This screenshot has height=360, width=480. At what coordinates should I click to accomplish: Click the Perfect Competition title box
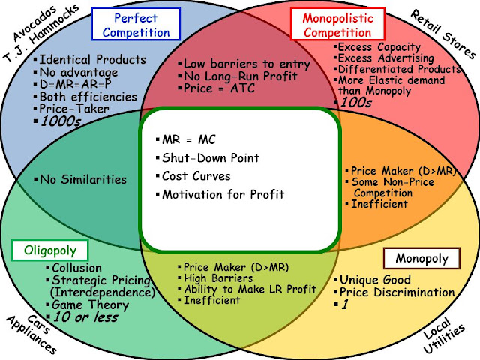coord(136,24)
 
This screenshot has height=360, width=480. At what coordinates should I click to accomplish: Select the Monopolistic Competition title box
coord(337,24)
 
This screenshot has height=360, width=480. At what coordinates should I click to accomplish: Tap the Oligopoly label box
coord(49,250)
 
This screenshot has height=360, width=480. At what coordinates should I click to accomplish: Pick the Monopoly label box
coord(421,258)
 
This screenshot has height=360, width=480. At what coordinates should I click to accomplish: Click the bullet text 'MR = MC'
coord(189,139)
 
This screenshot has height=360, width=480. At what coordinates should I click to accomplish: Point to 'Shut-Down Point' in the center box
coord(211,158)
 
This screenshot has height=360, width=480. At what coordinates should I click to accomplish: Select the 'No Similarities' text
coord(83,179)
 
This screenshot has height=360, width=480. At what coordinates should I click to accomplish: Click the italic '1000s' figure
coord(61,121)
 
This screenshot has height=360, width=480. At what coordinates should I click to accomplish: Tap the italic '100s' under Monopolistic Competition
coord(356,102)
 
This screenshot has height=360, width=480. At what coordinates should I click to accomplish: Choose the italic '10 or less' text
coord(85,317)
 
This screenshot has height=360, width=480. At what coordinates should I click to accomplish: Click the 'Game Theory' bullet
coord(90,304)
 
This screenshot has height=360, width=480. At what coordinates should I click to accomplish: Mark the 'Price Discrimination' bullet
coord(397,292)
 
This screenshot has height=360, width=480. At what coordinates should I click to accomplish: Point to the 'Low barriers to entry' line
coord(247,64)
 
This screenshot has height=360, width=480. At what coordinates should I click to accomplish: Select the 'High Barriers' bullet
coord(218,278)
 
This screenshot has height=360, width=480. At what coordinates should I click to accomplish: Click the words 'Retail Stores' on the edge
coord(442,34)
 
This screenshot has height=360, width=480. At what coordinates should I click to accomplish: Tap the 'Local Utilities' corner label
coord(443,335)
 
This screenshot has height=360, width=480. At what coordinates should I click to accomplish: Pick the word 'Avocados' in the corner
coord(34,23)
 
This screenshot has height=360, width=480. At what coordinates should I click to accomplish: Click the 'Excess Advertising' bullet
coord(385,58)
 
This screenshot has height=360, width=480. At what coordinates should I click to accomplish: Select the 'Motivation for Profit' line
coord(223,194)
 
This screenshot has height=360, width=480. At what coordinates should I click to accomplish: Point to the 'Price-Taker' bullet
coord(74,109)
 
